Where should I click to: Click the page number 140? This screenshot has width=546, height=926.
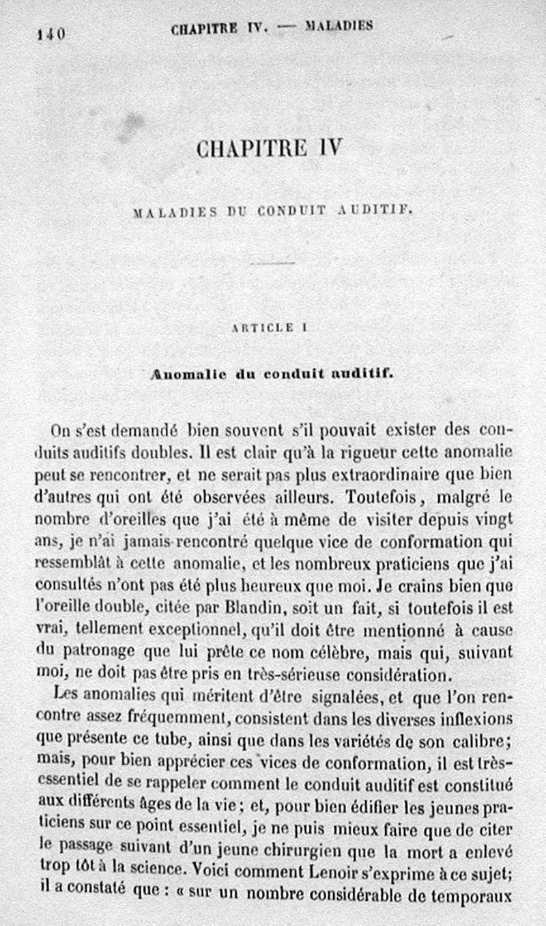pyautogui.click(x=51, y=33)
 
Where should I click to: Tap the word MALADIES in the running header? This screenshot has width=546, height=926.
pyautogui.click(x=339, y=27)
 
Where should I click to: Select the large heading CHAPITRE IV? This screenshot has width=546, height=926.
pyautogui.click(x=268, y=148)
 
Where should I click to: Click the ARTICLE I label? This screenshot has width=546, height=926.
pyautogui.click(x=270, y=327)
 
